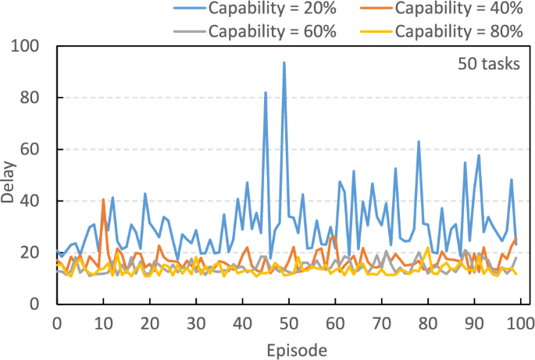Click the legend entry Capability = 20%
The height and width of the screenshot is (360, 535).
point(269,11)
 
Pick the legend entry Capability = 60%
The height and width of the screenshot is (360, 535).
point(269,31)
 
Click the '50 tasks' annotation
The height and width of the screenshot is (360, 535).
point(489,64)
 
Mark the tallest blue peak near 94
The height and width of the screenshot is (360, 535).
point(284,62)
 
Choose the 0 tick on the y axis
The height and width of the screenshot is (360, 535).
point(42,305)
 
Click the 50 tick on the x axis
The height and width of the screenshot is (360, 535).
point(288,323)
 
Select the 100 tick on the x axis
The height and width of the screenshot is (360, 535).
point(519,323)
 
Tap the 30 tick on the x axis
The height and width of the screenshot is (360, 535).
point(195,323)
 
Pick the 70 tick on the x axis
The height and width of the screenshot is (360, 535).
point(381,323)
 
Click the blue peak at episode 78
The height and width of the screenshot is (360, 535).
point(419,141)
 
